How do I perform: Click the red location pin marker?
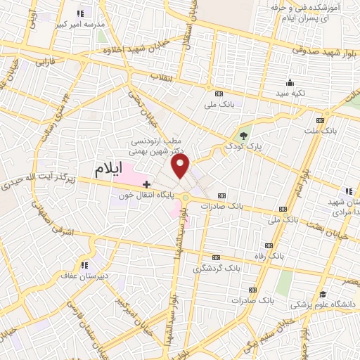pyautogui.click(x=181, y=166)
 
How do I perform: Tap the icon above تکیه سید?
pyautogui.click(x=290, y=82)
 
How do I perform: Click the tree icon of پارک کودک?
pyautogui.click(x=243, y=136)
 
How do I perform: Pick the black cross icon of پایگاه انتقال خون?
pyautogui.click(x=146, y=184)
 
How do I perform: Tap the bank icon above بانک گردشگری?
pyautogui.click(x=216, y=257)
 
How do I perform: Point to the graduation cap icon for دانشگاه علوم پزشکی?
pyautogui.click(x=323, y=294)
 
